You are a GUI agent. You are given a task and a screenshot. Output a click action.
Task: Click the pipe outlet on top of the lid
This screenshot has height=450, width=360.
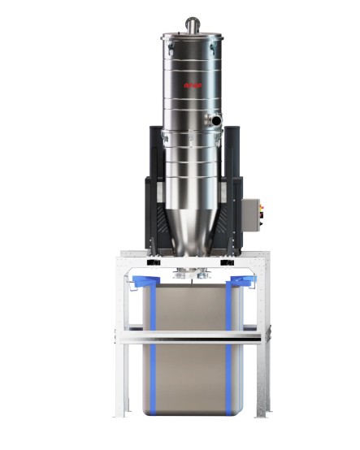pos(192,23)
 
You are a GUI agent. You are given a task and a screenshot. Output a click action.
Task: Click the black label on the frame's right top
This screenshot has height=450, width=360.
pos(230,263)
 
